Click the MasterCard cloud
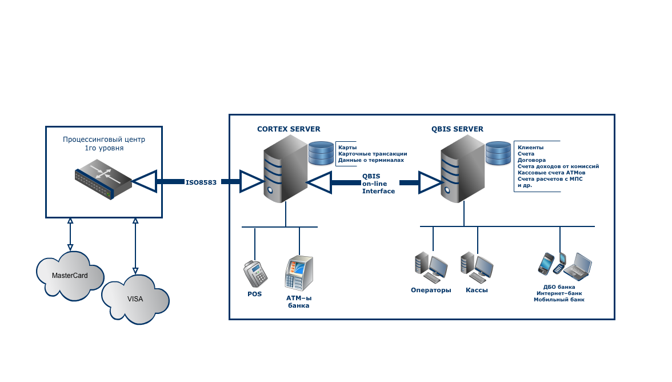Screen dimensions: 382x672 [x=70, y=276]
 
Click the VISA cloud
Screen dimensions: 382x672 [x=135, y=299]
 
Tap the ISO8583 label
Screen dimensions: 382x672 [x=201, y=182]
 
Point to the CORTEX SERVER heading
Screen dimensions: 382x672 [x=289, y=129]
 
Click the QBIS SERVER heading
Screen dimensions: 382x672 [x=457, y=129]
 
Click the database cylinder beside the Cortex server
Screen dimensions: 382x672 [x=321, y=153]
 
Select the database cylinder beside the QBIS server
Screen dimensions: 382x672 [x=498, y=153]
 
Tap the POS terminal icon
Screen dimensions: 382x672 [x=255, y=273]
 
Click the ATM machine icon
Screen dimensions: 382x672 [x=299, y=273]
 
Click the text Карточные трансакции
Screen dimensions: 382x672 [x=373, y=154]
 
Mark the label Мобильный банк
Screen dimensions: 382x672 [x=559, y=300]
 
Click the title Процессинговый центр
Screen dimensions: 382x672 [x=104, y=140]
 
